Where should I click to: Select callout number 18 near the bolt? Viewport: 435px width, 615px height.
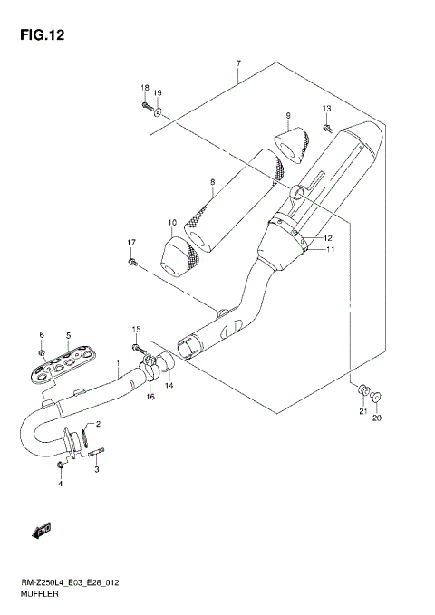point(144,87)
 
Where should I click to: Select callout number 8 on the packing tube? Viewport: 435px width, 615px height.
point(211,182)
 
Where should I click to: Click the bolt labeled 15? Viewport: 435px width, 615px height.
point(139,348)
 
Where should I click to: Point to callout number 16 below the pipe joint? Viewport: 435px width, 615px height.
point(151,397)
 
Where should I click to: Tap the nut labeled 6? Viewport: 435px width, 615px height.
point(42,351)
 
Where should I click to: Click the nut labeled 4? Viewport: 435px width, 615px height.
point(60,466)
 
